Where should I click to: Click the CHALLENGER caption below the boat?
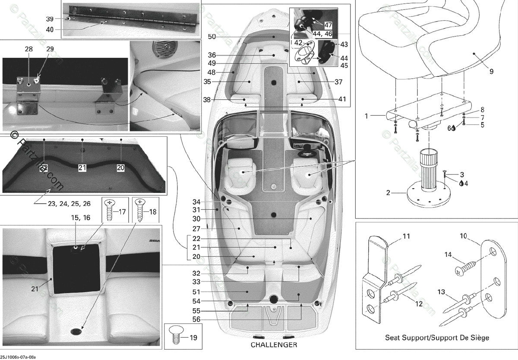click(274, 345)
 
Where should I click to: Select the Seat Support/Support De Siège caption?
click(436, 337)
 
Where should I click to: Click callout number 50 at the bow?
click(212, 37)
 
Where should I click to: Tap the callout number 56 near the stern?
click(196, 319)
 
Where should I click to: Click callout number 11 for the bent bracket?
click(406, 237)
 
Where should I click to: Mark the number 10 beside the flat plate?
click(463, 236)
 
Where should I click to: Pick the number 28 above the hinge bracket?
click(29, 49)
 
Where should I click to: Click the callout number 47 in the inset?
click(328, 25)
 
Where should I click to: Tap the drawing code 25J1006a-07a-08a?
click(19, 357)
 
